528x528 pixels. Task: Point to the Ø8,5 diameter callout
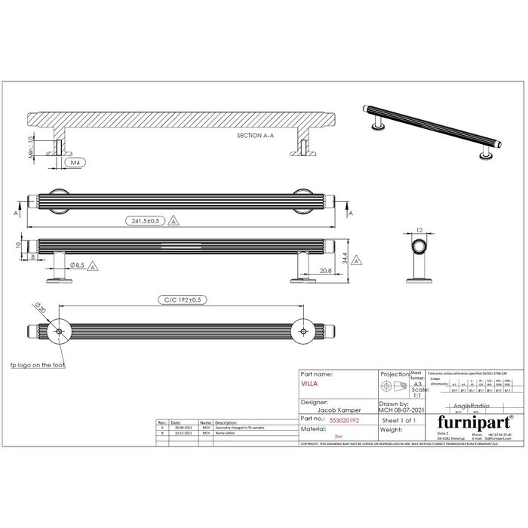pos(77,266)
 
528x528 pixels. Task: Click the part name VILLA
pos(309,383)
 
